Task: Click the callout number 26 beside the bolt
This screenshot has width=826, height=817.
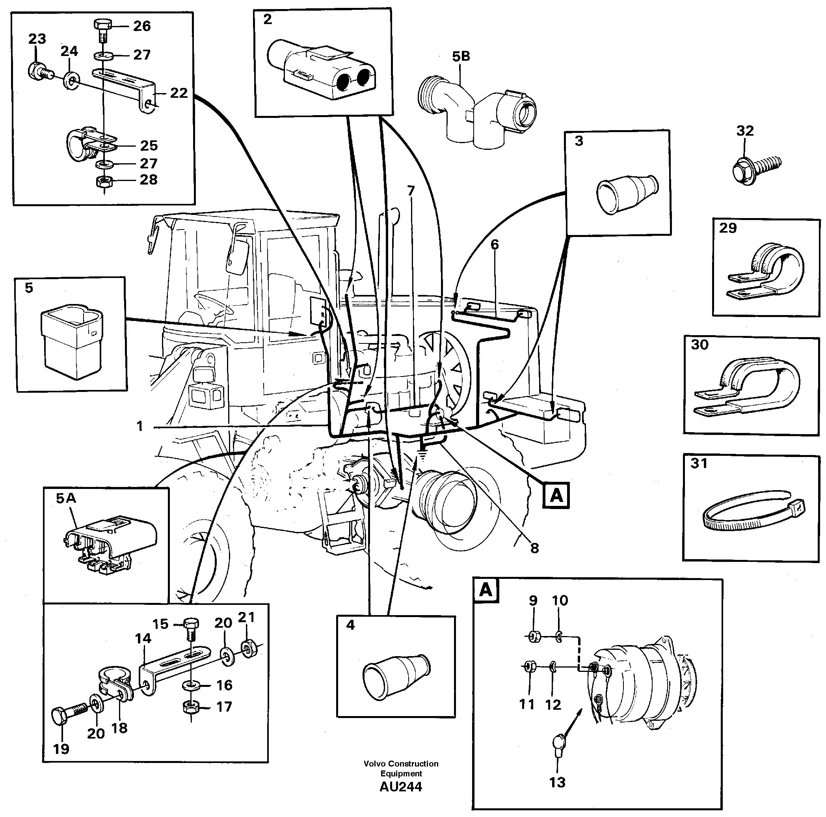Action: pyautogui.click(x=141, y=26)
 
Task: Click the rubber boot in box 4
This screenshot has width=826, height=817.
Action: pyautogui.click(x=396, y=675)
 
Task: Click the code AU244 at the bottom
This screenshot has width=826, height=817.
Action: pyautogui.click(x=401, y=786)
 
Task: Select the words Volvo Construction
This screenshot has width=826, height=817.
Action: pyautogui.click(x=401, y=763)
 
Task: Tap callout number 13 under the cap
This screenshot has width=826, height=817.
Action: pyautogui.click(x=557, y=782)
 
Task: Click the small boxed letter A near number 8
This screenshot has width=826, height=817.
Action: pyautogui.click(x=556, y=495)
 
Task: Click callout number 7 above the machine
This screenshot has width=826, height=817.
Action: pyautogui.click(x=411, y=190)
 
